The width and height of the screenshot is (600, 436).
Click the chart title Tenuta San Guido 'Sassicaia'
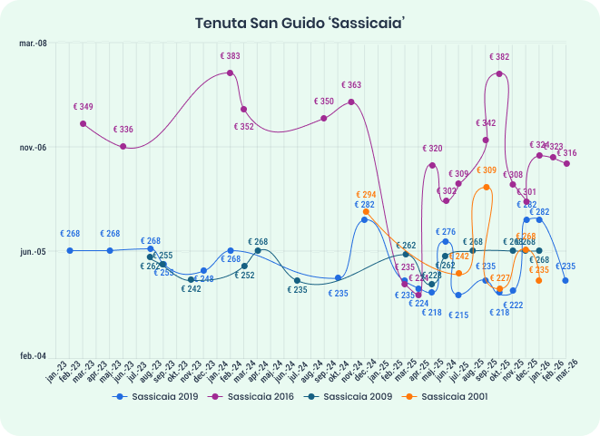pyautogui.click(x=300, y=22)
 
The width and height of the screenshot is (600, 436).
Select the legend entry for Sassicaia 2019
pyautogui.click(x=156, y=396)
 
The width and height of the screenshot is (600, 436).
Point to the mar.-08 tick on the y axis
pyautogui.click(x=33, y=44)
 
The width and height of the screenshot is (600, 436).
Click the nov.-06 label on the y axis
pyautogui.click(x=33, y=148)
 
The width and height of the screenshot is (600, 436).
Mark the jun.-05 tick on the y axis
pyautogui.click(x=33, y=251)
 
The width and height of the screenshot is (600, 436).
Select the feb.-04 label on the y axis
pyautogui.click(x=33, y=356)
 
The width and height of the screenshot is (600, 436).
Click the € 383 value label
pyautogui.click(x=230, y=56)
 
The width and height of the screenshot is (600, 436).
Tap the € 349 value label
pyautogui.click(x=83, y=107)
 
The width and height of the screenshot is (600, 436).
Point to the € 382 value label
pyautogui.click(x=498, y=57)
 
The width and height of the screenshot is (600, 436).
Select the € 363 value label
pyautogui.click(x=351, y=85)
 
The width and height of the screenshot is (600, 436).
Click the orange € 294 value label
pyautogui.click(x=365, y=195)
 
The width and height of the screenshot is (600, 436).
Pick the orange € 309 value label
pyautogui.click(x=487, y=170)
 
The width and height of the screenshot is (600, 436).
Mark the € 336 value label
pyautogui.click(x=123, y=130)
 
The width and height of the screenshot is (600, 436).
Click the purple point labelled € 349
pyautogui.click(x=83, y=123)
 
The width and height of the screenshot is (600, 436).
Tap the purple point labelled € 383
pyautogui.click(x=231, y=73)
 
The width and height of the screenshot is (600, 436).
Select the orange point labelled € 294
pyautogui.click(x=365, y=211)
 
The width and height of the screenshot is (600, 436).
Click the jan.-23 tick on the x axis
pyautogui.click(x=59, y=369)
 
